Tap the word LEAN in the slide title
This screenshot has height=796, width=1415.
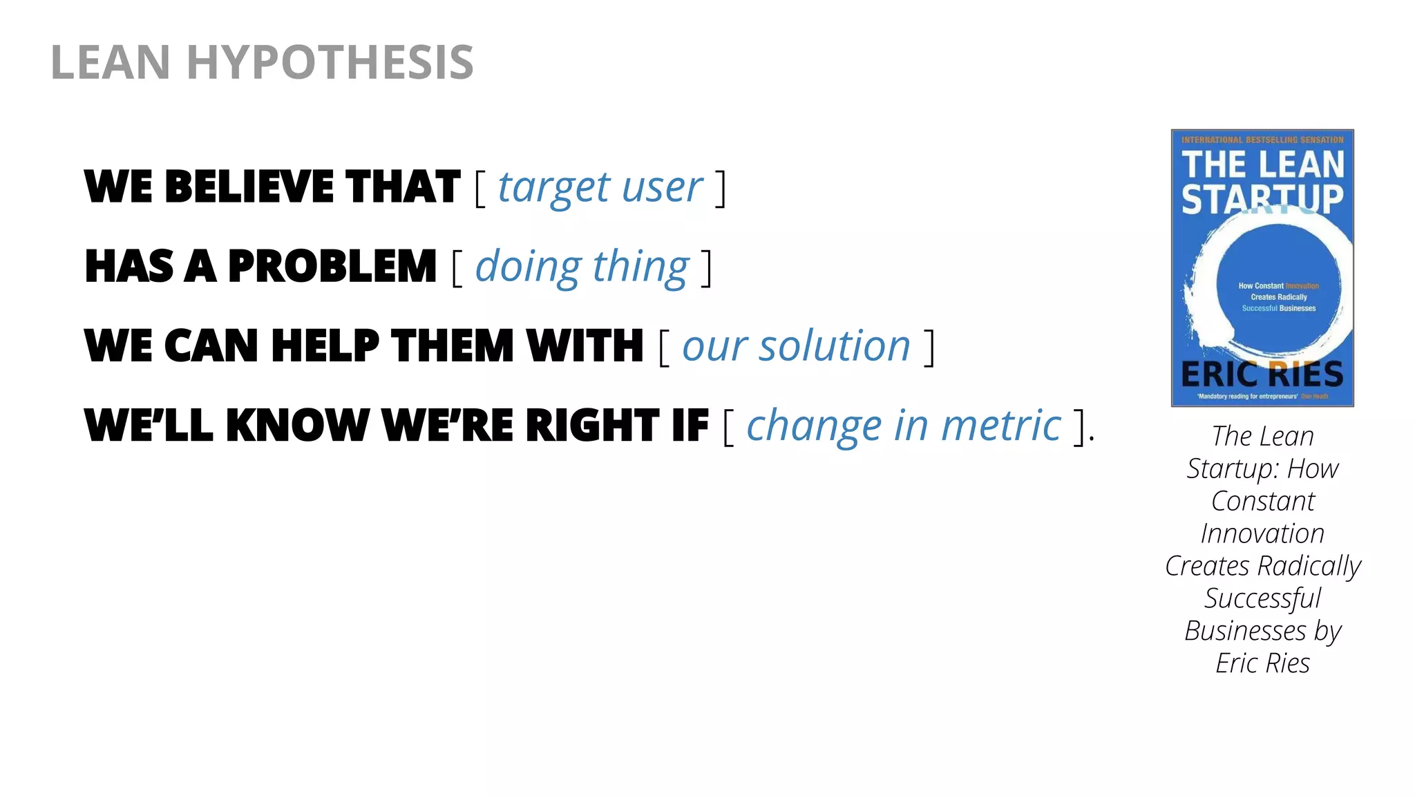(111, 62)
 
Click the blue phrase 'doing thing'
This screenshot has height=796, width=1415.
(582, 267)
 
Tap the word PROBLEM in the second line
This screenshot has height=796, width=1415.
(332, 267)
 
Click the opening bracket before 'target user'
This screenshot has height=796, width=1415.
(480, 189)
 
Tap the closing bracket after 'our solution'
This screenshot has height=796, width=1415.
(929, 348)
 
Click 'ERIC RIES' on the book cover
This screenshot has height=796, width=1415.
(1262, 374)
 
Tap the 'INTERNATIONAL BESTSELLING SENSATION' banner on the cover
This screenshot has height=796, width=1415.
(1262, 140)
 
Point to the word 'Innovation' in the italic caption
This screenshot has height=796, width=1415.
(1262, 533)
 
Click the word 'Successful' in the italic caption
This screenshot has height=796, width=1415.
(1262, 598)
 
